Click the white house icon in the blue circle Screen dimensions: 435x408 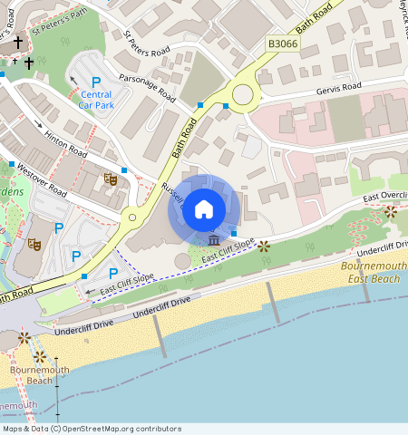click(x=204, y=208)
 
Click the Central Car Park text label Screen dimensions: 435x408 click(x=96, y=100)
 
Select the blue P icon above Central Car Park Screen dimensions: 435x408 click(x=95, y=82)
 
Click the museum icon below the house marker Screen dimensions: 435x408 click(x=213, y=240)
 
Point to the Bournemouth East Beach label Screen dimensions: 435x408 click(x=373, y=272)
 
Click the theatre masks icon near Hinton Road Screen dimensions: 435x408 click(x=111, y=179)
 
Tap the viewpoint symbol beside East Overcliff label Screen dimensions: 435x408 click(x=390, y=212)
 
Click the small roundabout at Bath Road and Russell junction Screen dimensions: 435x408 click(x=131, y=217)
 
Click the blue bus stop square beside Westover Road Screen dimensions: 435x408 click(x=12, y=165)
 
